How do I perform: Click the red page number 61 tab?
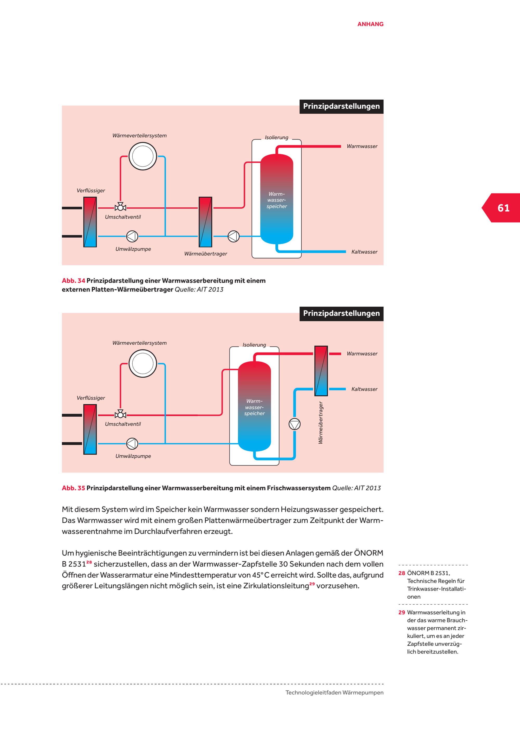coord(503,208)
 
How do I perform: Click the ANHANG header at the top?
coord(370,24)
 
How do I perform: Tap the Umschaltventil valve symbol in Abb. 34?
coord(120,207)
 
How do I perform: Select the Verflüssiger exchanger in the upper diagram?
coord(90,222)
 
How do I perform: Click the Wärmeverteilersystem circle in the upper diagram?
coord(142,156)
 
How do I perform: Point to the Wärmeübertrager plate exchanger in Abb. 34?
coord(205,222)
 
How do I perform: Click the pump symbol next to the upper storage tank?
coord(233,237)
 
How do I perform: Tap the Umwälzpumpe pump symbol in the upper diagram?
coord(132,237)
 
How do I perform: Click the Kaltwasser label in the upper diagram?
coord(364,252)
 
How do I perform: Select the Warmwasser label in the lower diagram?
coord(362,354)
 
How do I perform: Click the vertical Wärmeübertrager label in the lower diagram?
coord(321,423)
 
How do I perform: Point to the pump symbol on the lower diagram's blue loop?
coord(295,424)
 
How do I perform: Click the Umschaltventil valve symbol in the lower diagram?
coord(120,415)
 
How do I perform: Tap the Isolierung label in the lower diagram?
coord(254,345)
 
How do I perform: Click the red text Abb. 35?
coord(73,488)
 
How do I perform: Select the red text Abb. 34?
coord(73,281)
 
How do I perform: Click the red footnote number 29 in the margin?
coord(401,612)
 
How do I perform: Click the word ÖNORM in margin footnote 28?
coord(418,573)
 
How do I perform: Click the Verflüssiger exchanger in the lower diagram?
coord(90,429)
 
